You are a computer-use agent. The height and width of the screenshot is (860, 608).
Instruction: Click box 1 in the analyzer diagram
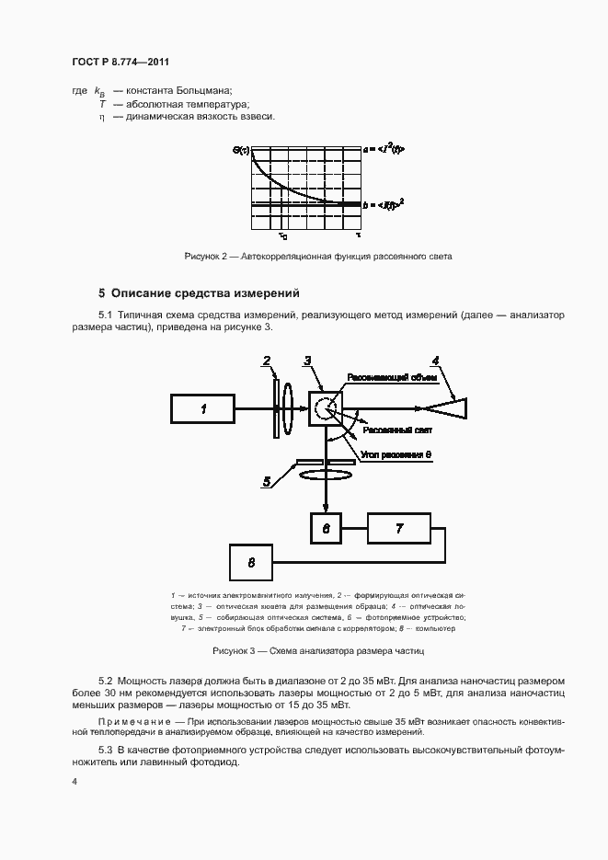202,407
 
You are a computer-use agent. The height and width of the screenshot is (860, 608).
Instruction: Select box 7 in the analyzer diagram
398,529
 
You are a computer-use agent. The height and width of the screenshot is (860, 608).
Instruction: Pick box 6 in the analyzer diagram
326,529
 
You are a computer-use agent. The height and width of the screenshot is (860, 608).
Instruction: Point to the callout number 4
435,361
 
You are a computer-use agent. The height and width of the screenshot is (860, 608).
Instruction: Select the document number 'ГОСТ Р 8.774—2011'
120,63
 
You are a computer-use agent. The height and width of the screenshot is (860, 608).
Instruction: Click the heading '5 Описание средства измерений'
199,294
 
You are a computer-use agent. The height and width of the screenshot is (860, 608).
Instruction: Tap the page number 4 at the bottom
75,783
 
